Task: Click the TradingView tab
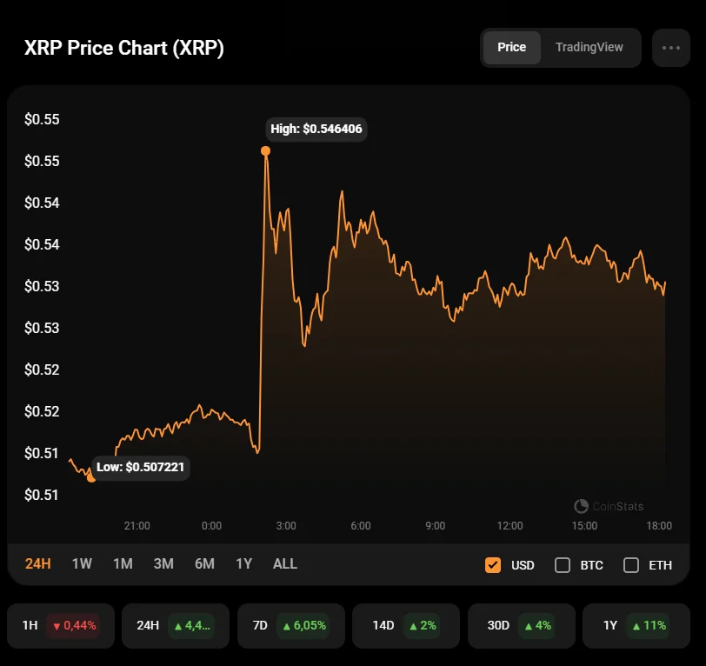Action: [x=589, y=47]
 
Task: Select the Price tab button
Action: [x=511, y=47]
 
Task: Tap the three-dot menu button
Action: [x=670, y=48]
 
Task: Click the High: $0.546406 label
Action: [x=316, y=129]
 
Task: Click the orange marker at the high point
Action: [x=265, y=150]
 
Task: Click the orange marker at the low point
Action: [x=91, y=477]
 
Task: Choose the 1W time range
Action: [x=82, y=563]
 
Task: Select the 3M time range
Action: [x=163, y=563]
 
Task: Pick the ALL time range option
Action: [x=285, y=563]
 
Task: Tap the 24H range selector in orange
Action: [x=38, y=563]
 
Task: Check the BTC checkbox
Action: [x=563, y=565]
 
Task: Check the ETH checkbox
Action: [x=631, y=565]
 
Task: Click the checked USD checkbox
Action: [x=493, y=565]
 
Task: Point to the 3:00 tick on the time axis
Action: [x=286, y=525]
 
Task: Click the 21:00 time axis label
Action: [x=137, y=525]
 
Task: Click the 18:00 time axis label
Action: [x=659, y=525]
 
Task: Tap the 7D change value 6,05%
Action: [x=303, y=624]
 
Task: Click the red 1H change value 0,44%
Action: [x=74, y=624]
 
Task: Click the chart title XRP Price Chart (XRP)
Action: [x=124, y=48]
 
